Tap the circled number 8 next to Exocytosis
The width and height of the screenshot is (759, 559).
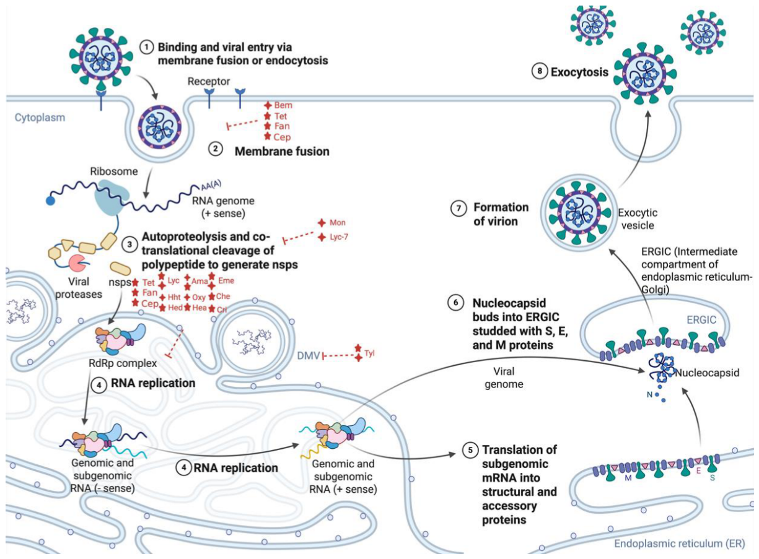[x=540, y=71]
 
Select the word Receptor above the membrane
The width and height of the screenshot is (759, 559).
[x=209, y=82]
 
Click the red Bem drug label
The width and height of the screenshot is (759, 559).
[x=283, y=105]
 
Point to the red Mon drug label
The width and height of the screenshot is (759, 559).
[x=338, y=222]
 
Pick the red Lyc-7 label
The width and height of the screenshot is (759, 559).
[x=339, y=236]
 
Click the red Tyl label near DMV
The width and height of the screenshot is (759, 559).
[x=369, y=353]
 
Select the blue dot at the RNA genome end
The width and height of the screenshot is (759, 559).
[x=50, y=201]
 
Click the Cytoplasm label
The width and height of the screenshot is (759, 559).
[x=40, y=118]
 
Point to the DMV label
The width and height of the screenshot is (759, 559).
[x=309, y=356]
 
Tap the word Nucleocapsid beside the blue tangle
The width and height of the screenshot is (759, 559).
[x=707, y=373]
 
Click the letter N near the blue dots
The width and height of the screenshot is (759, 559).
[x=649, y=395]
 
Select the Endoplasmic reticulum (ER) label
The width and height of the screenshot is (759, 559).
[x=680, y=544]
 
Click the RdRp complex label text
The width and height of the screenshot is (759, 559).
[x=123, y=363]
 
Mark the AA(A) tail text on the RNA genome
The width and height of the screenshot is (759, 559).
[x=211, y=185]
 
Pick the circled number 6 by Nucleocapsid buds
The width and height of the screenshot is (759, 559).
[x=455, y=302]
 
